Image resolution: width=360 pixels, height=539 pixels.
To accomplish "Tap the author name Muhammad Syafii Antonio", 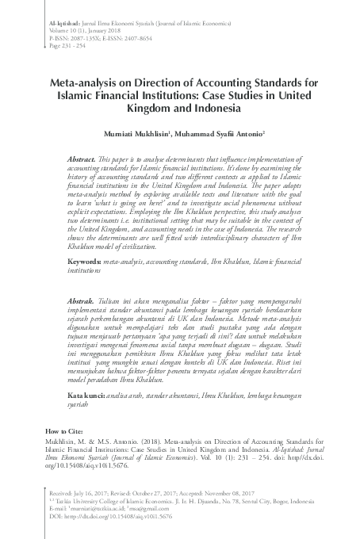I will [x=229, y=134].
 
